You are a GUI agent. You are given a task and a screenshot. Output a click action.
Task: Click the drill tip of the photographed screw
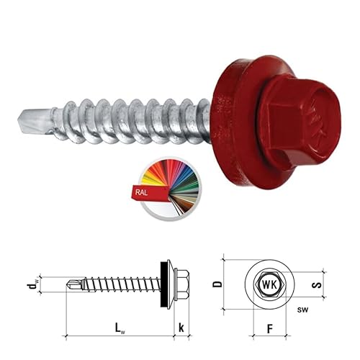(x=34, y=121)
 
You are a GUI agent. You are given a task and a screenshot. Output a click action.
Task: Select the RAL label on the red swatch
(x=141, y=192)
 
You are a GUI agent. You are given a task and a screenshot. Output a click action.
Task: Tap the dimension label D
(x=217, y=284)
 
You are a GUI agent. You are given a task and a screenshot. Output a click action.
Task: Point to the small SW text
(x=302, y=310)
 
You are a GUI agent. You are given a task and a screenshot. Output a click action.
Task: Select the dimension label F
(x=270, y=328)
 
